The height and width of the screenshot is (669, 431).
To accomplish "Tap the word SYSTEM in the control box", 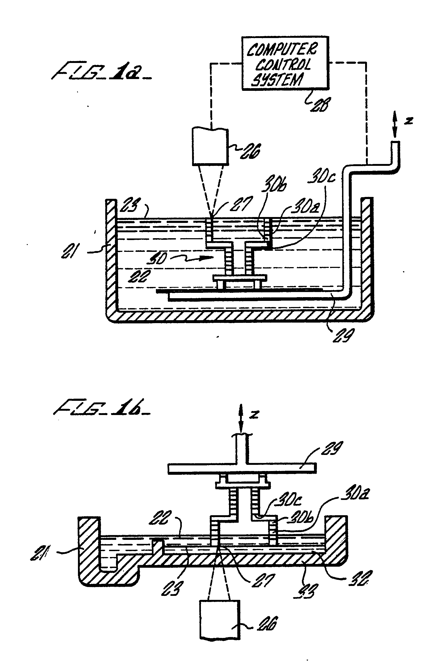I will pos(277,80).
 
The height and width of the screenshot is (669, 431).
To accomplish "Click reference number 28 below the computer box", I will pos(320,105).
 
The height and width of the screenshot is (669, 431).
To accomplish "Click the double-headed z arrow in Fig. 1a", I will pos(395,124).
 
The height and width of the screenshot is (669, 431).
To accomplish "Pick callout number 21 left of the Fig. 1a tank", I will pos(68,251).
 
